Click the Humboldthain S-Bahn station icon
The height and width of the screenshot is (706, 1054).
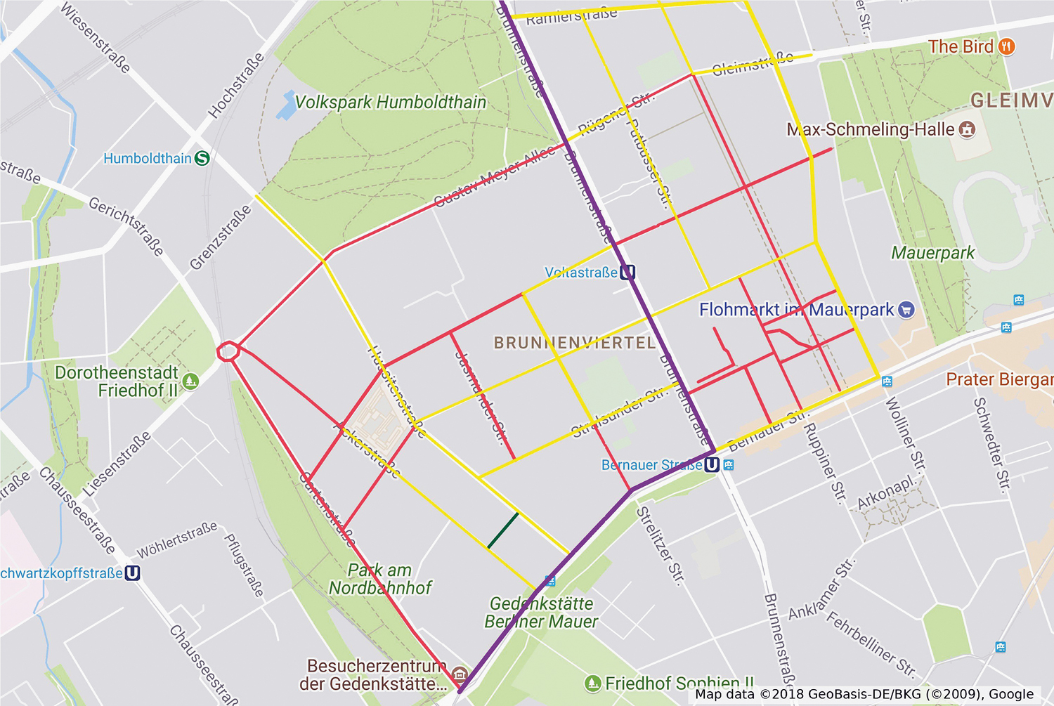click(202, 158)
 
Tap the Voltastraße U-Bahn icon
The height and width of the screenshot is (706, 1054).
click(627, 272)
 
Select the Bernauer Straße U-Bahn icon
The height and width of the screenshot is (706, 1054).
click(712, 464)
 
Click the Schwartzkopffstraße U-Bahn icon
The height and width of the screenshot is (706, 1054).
click(132, 573)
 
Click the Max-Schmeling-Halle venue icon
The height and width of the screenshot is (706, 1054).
click(968, 129)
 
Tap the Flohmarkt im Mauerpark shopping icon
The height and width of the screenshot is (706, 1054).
click(906, 309)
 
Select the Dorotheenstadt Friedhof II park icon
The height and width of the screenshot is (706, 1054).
click(190, 381)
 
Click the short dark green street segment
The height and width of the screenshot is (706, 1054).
click(503, 530)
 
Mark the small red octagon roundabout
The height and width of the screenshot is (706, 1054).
click(228, 351)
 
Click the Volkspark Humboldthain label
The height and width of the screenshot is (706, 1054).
click(390, 103)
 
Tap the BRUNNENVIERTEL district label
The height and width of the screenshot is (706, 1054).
click(575, 343)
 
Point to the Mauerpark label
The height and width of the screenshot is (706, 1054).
click(932, 253)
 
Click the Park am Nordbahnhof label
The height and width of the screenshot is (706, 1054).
click(380, 579)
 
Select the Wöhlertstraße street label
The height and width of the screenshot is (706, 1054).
click(176, 540)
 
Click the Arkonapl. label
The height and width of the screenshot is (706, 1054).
click(887, 494)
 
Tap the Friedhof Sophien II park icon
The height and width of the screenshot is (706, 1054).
click(593, 683)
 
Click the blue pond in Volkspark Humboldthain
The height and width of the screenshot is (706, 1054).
click(287, 105)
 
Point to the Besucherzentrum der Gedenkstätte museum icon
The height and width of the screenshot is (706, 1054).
click(460, 675)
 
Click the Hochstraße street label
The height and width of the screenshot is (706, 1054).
click(236, 85)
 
